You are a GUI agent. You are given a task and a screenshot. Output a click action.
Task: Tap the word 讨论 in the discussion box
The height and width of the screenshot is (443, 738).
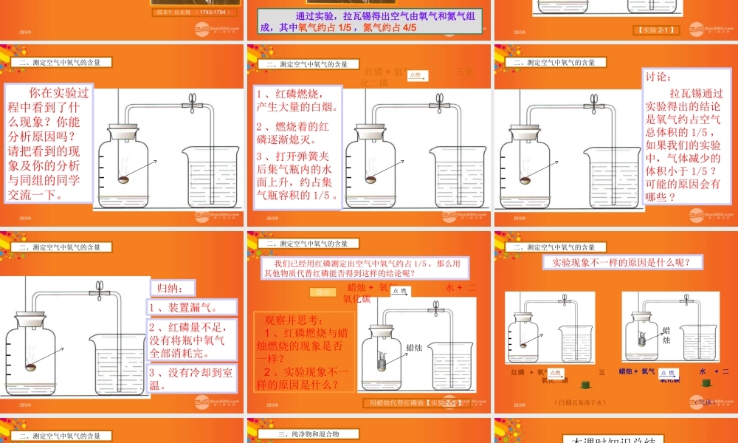pyautogui.click(x=659, y=77)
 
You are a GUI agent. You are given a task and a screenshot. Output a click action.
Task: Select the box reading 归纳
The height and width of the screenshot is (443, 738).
pyautogui.click(x=162, y=287)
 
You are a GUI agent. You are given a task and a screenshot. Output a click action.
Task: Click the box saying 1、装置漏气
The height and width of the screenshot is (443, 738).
pyautogui.click(x=192, y=308)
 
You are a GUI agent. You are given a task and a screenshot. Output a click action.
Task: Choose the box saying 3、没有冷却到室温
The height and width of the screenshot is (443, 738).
pyautogui.click(x=192, y=377)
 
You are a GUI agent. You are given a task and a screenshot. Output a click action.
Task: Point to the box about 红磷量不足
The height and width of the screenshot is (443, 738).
pyautogui.click(x=192, y=339)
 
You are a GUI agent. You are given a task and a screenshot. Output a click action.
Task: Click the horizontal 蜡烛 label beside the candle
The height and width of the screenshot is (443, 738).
pyautogui.click(x=415, y=347)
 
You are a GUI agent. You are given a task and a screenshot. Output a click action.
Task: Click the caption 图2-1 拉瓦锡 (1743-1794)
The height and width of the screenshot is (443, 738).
pyautogui.click(x=195, y=13)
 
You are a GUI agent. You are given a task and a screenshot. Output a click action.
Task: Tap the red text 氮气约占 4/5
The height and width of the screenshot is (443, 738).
pyautogui.click(x=389, y=27)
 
